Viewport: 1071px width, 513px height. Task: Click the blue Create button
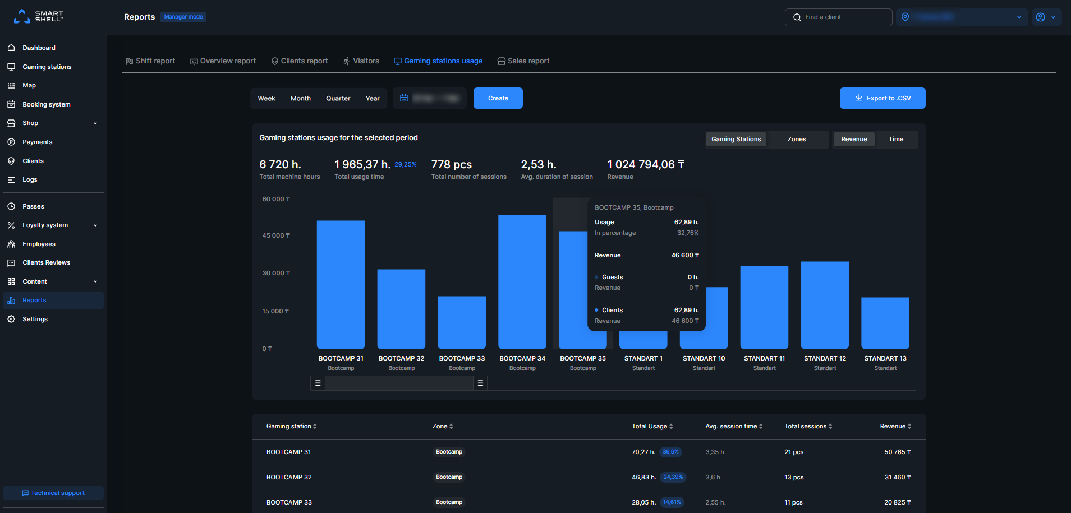(x=498, y=98)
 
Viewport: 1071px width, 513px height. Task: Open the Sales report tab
(x=523, y=61)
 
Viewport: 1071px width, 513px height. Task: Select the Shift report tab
(x=150, y=61)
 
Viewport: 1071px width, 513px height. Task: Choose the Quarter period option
(x=338, y=98)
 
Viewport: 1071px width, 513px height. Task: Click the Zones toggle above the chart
(x=796, y=139)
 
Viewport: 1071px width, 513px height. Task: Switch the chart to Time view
(x=895, y=139)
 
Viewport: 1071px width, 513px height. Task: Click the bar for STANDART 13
(x=885, y=323)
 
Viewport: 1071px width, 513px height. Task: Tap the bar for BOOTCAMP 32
(x=401, y=309)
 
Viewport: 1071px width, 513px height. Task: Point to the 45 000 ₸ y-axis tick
(x=275, y=235)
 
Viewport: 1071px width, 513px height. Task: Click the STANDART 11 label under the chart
(x=764, y=358)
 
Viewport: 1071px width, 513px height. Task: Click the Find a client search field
(x=838, y=17)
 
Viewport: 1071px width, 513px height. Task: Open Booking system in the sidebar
(x=46, y=104)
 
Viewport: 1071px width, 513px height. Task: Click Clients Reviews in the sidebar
(x=46, y=262)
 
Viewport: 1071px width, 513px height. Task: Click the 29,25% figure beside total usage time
(x=405, y=164)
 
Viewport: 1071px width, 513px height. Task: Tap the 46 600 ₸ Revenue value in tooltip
(x=685, y=255)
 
